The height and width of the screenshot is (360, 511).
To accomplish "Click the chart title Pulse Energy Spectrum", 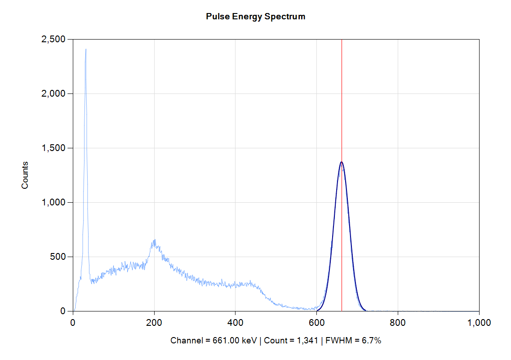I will tap(255, 17).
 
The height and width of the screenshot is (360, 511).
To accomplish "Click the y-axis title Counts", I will tap(25, 175).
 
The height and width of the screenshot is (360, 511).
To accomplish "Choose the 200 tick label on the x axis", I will tap(154, 322).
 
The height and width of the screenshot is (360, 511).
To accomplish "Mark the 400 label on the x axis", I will tap(236, 322).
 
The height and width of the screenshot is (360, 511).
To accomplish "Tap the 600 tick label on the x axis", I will tap(317, 322).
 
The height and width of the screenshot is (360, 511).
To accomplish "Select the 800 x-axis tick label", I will tap(398, 322).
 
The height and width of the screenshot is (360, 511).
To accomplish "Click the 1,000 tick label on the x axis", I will tap(479, 322).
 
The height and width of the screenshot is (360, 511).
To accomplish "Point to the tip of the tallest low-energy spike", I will tap(85, 49).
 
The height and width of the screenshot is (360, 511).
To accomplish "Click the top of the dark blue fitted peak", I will tap(342, 162).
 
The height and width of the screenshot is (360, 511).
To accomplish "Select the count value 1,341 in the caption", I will tap(298, 341).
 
